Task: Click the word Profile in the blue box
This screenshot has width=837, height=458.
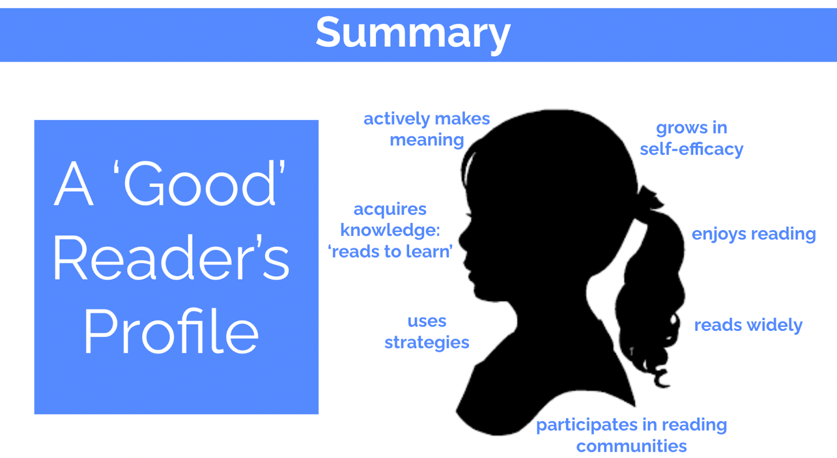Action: (172, 331)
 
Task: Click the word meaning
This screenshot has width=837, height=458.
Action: (427, 141)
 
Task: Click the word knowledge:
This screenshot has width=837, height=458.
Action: (390, 230)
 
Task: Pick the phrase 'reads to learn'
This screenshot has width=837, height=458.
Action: (390, 251)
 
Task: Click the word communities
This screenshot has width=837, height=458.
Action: (631, 446)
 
